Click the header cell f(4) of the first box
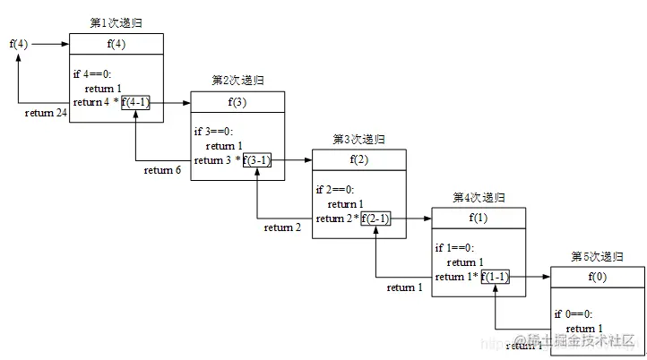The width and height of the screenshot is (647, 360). [x=116, y=43]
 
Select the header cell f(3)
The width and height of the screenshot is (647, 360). [x=237, y=101]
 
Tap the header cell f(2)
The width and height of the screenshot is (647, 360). [x=358, y=159]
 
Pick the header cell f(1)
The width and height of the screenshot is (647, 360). [x=478, y=217]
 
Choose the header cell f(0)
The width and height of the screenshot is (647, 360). [x=597, y=276]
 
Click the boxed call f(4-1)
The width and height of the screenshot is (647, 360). [x=136, y=102]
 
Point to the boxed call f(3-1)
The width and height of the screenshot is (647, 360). [x=257, y=160]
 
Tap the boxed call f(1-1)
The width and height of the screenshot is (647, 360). [x=496, y=277]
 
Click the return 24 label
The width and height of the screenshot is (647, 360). [x=45, y=113]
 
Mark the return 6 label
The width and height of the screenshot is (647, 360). [x=162, y=170]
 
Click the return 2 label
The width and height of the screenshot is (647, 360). [x=283, y=227]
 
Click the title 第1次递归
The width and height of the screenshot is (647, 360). [x=116, y=21]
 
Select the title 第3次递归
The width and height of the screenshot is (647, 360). [x=358, y=139]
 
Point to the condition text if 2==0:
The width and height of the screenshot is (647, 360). [x=335, y=190]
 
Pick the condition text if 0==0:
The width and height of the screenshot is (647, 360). [x=574, y=313]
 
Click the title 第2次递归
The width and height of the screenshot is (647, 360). [x=237, y=81]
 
